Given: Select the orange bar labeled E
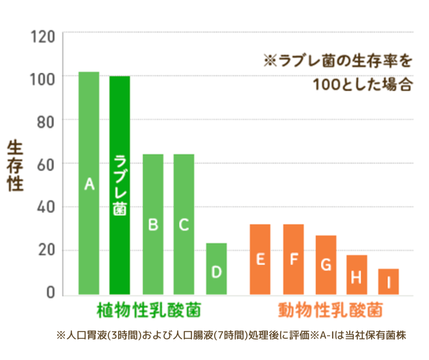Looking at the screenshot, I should point(260,259).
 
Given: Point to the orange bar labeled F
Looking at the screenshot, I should point(293,259).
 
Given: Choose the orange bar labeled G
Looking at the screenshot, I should point(326,265).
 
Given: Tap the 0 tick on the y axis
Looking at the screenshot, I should point(50,293).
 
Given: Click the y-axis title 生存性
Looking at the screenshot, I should point(16,166).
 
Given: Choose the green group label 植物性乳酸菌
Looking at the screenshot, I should point(148,311).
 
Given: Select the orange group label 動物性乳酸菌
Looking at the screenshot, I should point(331,311).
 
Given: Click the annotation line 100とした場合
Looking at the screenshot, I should point(363,85).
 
